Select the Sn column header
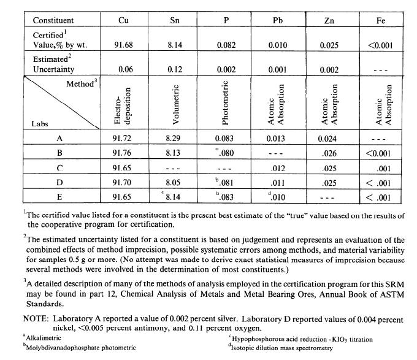click(175, 20)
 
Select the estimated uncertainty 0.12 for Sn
click(175, 70)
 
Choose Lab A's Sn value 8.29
click(175, 139)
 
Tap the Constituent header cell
click(53, 20)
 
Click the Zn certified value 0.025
click(329, 45)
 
